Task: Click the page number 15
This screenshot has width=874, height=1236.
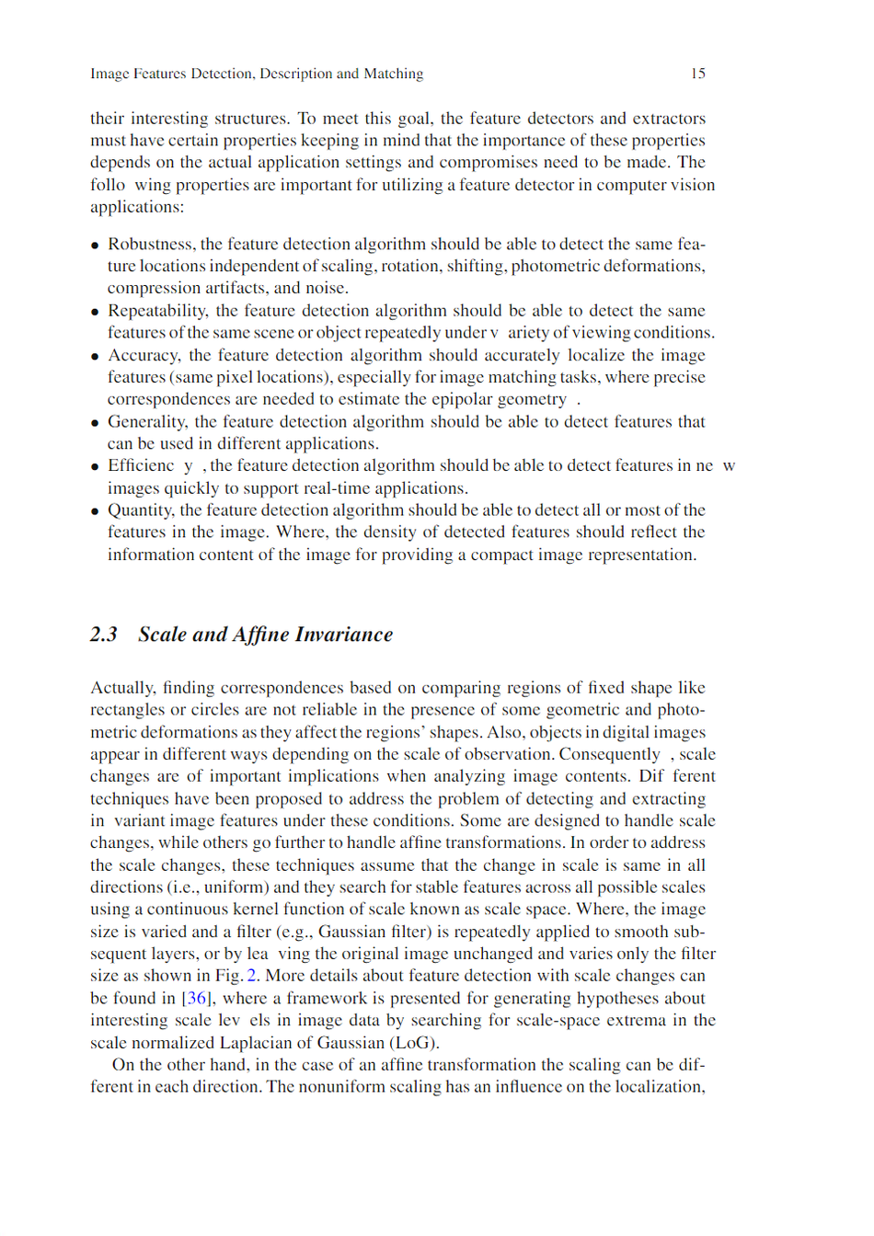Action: pyautogui.click(x=697, y=74)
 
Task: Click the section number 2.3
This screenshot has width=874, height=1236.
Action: pyautogui.click(x=104, y=635)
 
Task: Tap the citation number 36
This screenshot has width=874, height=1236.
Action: pyautogui.click(x=197, y=998)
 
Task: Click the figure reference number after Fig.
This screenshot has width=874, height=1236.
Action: pyautogui.click(x=252, y=976)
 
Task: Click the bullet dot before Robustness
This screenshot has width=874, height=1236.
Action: pyautogui.click(x=95, y=246)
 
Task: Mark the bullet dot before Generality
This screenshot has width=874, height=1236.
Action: pyautogui.click(x=95, y=423)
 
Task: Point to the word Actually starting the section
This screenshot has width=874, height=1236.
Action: pyautogui.click(x=122, y=688)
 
